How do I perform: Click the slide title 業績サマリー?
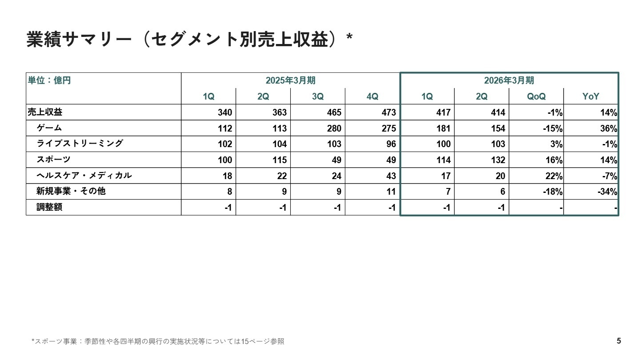point(189,39)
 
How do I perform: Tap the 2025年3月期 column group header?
point(290,80)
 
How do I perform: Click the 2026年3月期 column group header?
point(509,80)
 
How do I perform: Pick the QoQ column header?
point(536,96)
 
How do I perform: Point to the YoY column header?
point(591,96)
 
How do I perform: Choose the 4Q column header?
point(372,96)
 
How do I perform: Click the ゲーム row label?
point(49,128)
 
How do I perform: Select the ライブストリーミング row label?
point(80,144)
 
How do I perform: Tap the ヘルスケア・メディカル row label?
point(84,176)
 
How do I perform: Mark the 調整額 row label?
point(49,207)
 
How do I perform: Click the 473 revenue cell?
point(388,112)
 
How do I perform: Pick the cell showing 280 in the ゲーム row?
point(334,128)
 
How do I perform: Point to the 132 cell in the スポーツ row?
point(498,160)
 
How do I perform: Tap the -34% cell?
point(607,192)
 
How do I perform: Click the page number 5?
point(619,341)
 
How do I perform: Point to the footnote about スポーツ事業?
point(158,341)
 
